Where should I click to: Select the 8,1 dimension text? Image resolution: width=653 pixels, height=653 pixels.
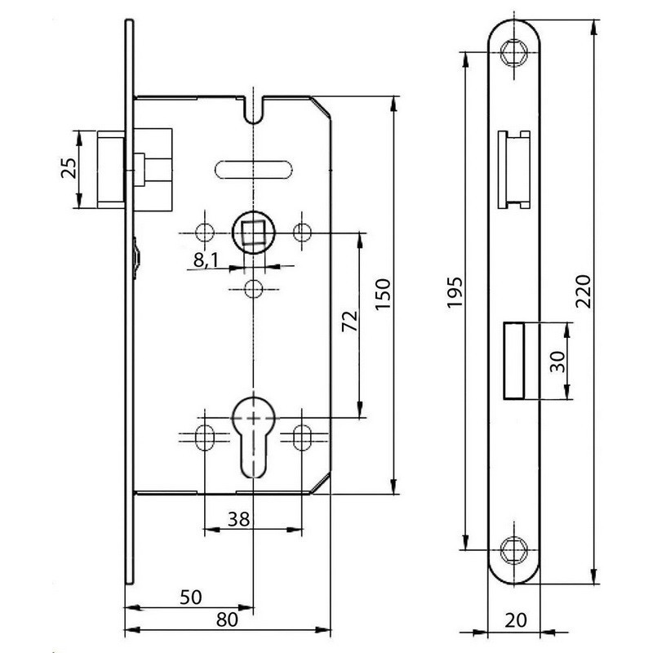(205, 261)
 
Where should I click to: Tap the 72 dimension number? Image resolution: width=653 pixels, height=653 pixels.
(349, 322)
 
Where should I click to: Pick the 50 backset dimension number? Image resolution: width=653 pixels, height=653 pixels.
(190, 597)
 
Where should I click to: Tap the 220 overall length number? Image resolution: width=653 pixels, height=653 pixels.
(582, 292)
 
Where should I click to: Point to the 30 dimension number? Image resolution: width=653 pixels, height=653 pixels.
(557, 362)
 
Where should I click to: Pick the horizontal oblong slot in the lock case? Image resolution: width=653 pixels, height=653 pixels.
(253, 169)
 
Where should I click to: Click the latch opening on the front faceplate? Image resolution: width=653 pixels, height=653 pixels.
(514, 168)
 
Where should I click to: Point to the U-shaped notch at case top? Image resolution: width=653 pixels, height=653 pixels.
(255, 107)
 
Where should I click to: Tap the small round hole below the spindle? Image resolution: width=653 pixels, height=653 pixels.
(254, 288)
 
